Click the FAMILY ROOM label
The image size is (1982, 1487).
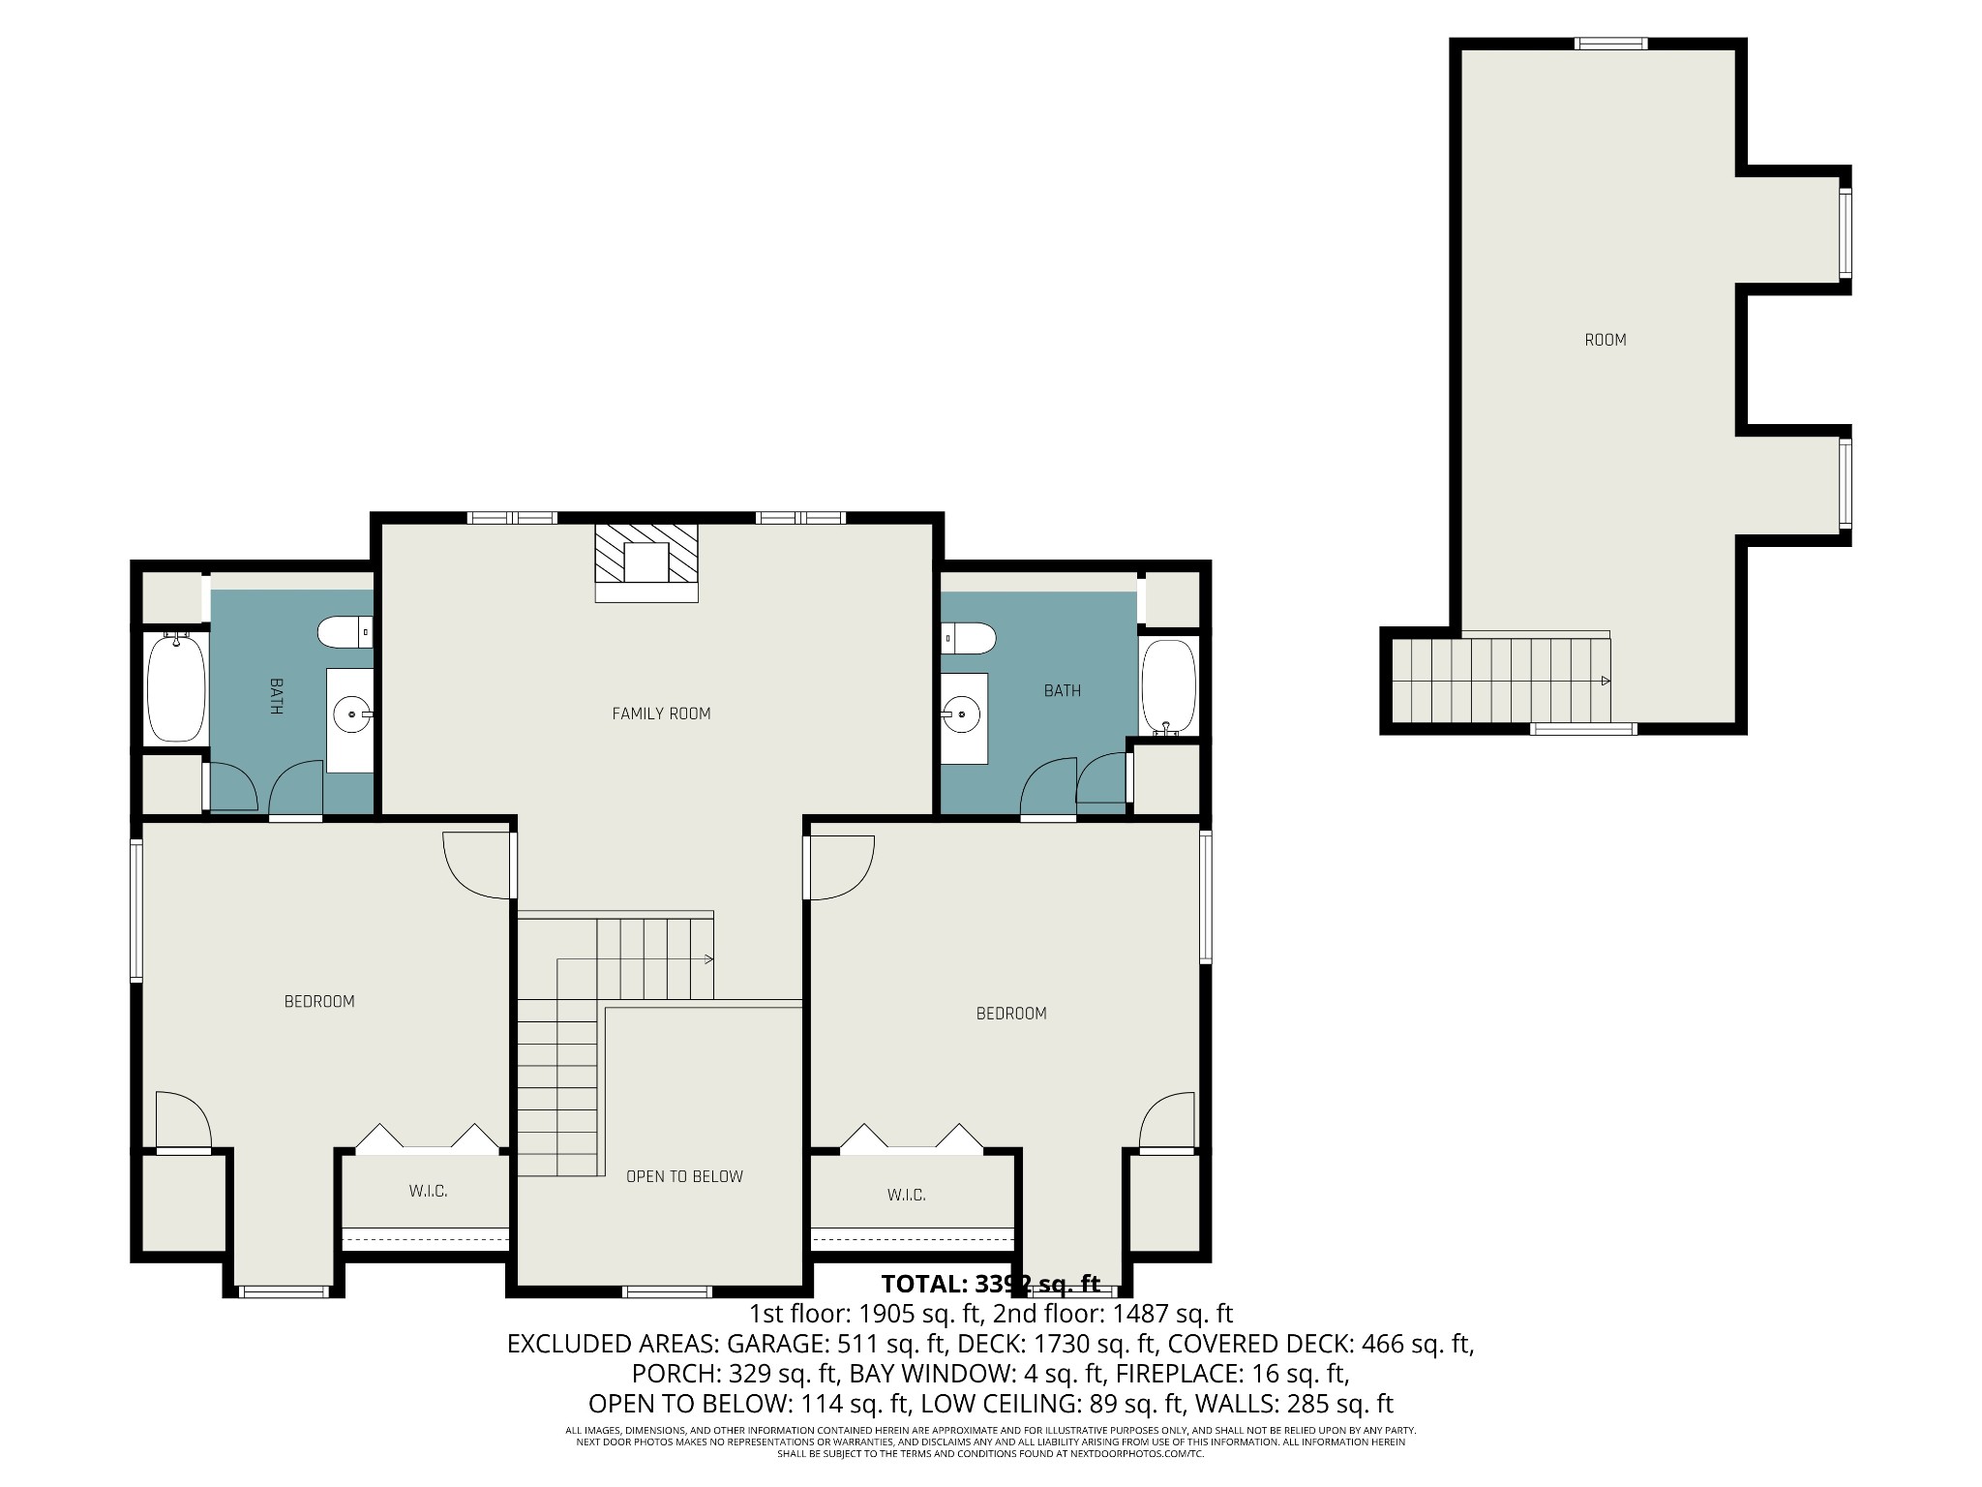(x=661, y=713)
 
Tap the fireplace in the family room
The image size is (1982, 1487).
(x=646, y=561)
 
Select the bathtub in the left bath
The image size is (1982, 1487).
(x=175, y=686)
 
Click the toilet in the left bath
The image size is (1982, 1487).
(x=344, y=633)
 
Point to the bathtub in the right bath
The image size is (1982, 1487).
(x=1168, y=686)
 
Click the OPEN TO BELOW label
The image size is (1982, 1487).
(x=684, y=1176)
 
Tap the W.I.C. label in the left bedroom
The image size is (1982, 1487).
(x=428, y=1191)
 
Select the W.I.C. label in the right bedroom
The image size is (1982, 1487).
(x=906, y=1195)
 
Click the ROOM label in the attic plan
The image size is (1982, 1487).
(x=1605, y=340)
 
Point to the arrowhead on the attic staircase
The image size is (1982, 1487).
(x=1606, y=681)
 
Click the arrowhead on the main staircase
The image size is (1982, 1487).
(x=708, y=959)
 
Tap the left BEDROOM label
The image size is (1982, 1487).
(x=319, y=1001)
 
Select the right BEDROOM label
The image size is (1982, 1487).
(x=1010, y=1014)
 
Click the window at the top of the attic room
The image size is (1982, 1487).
(x=1610, y=44)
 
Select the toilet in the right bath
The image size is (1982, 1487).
(x=970, y=637)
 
